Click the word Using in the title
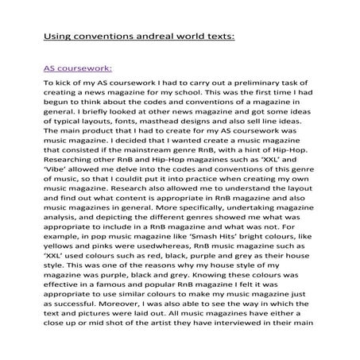56,37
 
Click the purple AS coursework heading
77,68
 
